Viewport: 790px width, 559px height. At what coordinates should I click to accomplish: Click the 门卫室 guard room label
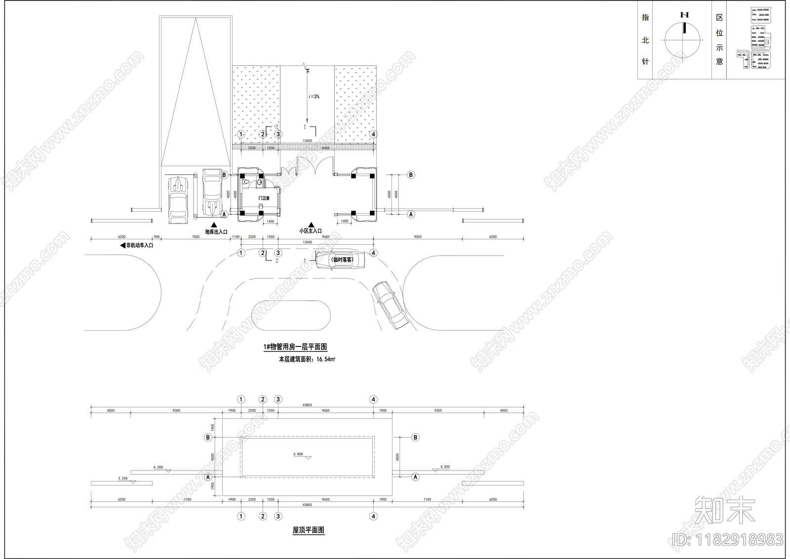[x=264, y=198]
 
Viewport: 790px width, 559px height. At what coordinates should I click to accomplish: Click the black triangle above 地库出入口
[x=214, y=225]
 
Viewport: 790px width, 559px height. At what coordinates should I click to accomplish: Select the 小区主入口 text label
[x=311, y=231]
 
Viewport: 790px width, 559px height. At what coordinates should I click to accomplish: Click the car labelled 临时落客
[x=341, y=259]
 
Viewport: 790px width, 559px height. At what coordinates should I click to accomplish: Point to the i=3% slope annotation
[x=314, y=96]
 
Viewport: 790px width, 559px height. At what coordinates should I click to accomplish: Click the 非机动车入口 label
[x=140, y=245]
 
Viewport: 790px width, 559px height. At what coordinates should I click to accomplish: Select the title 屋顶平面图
[x=308, y=530]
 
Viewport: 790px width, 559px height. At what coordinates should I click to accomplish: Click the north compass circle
[x=683, y=41]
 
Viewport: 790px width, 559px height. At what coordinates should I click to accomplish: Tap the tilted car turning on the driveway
[x=390, y=305]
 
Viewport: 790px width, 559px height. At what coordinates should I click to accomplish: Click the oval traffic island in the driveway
[x=291, y=315]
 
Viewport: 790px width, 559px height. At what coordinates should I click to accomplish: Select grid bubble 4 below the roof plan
[x=373, y=516]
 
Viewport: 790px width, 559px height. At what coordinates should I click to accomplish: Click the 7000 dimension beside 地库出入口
[x=196, y=237]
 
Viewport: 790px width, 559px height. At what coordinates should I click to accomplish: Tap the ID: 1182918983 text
[x=728, y=539]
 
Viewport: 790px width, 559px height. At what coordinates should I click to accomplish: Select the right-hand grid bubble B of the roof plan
[x=415, y=437]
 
